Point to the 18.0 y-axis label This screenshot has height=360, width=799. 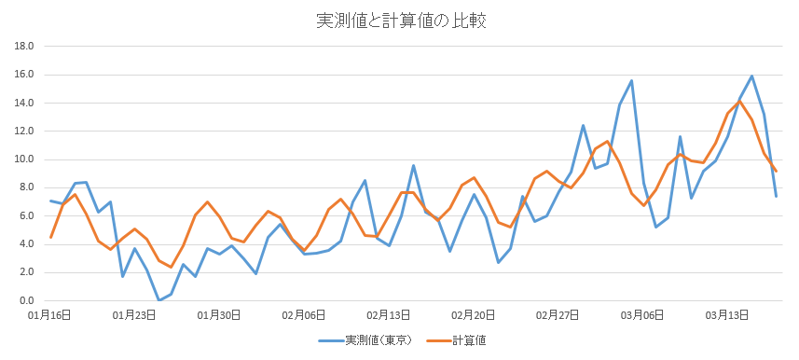pyautogui.click(x=24, y=46)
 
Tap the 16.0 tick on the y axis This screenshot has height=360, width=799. pyautogui.click(x=24, y=75)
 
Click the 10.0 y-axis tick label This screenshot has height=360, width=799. pyautogui.click(x=24, y=159)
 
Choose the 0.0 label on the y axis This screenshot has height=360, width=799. pyautogui.click(x=26, y=301)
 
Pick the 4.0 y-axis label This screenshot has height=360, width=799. pyautogui.click(x=26, y=244)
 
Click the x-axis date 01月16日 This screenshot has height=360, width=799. pyautogui.click(x=50, y=315)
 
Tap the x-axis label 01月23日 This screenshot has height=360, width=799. pyautogui.click(x=134, y=315)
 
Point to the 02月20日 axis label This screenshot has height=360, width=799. pyautogui.click(x=473, y=315)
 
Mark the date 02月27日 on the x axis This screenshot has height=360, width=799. pyautogui.click(x=558, y=315)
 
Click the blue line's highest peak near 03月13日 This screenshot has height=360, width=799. pyautogui.click(x=751, y=76)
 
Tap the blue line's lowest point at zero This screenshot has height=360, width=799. pyautogui.click(x=158, y=300)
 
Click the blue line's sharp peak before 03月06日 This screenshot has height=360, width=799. pyautogui.click(x=631, y=81)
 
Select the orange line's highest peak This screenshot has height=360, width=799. pyautogui.click(x=739, y=102)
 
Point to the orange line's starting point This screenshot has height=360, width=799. pyautogui.click(x=50, y=237)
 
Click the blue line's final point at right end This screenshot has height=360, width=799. pyautogui.click(x=776, y=196)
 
